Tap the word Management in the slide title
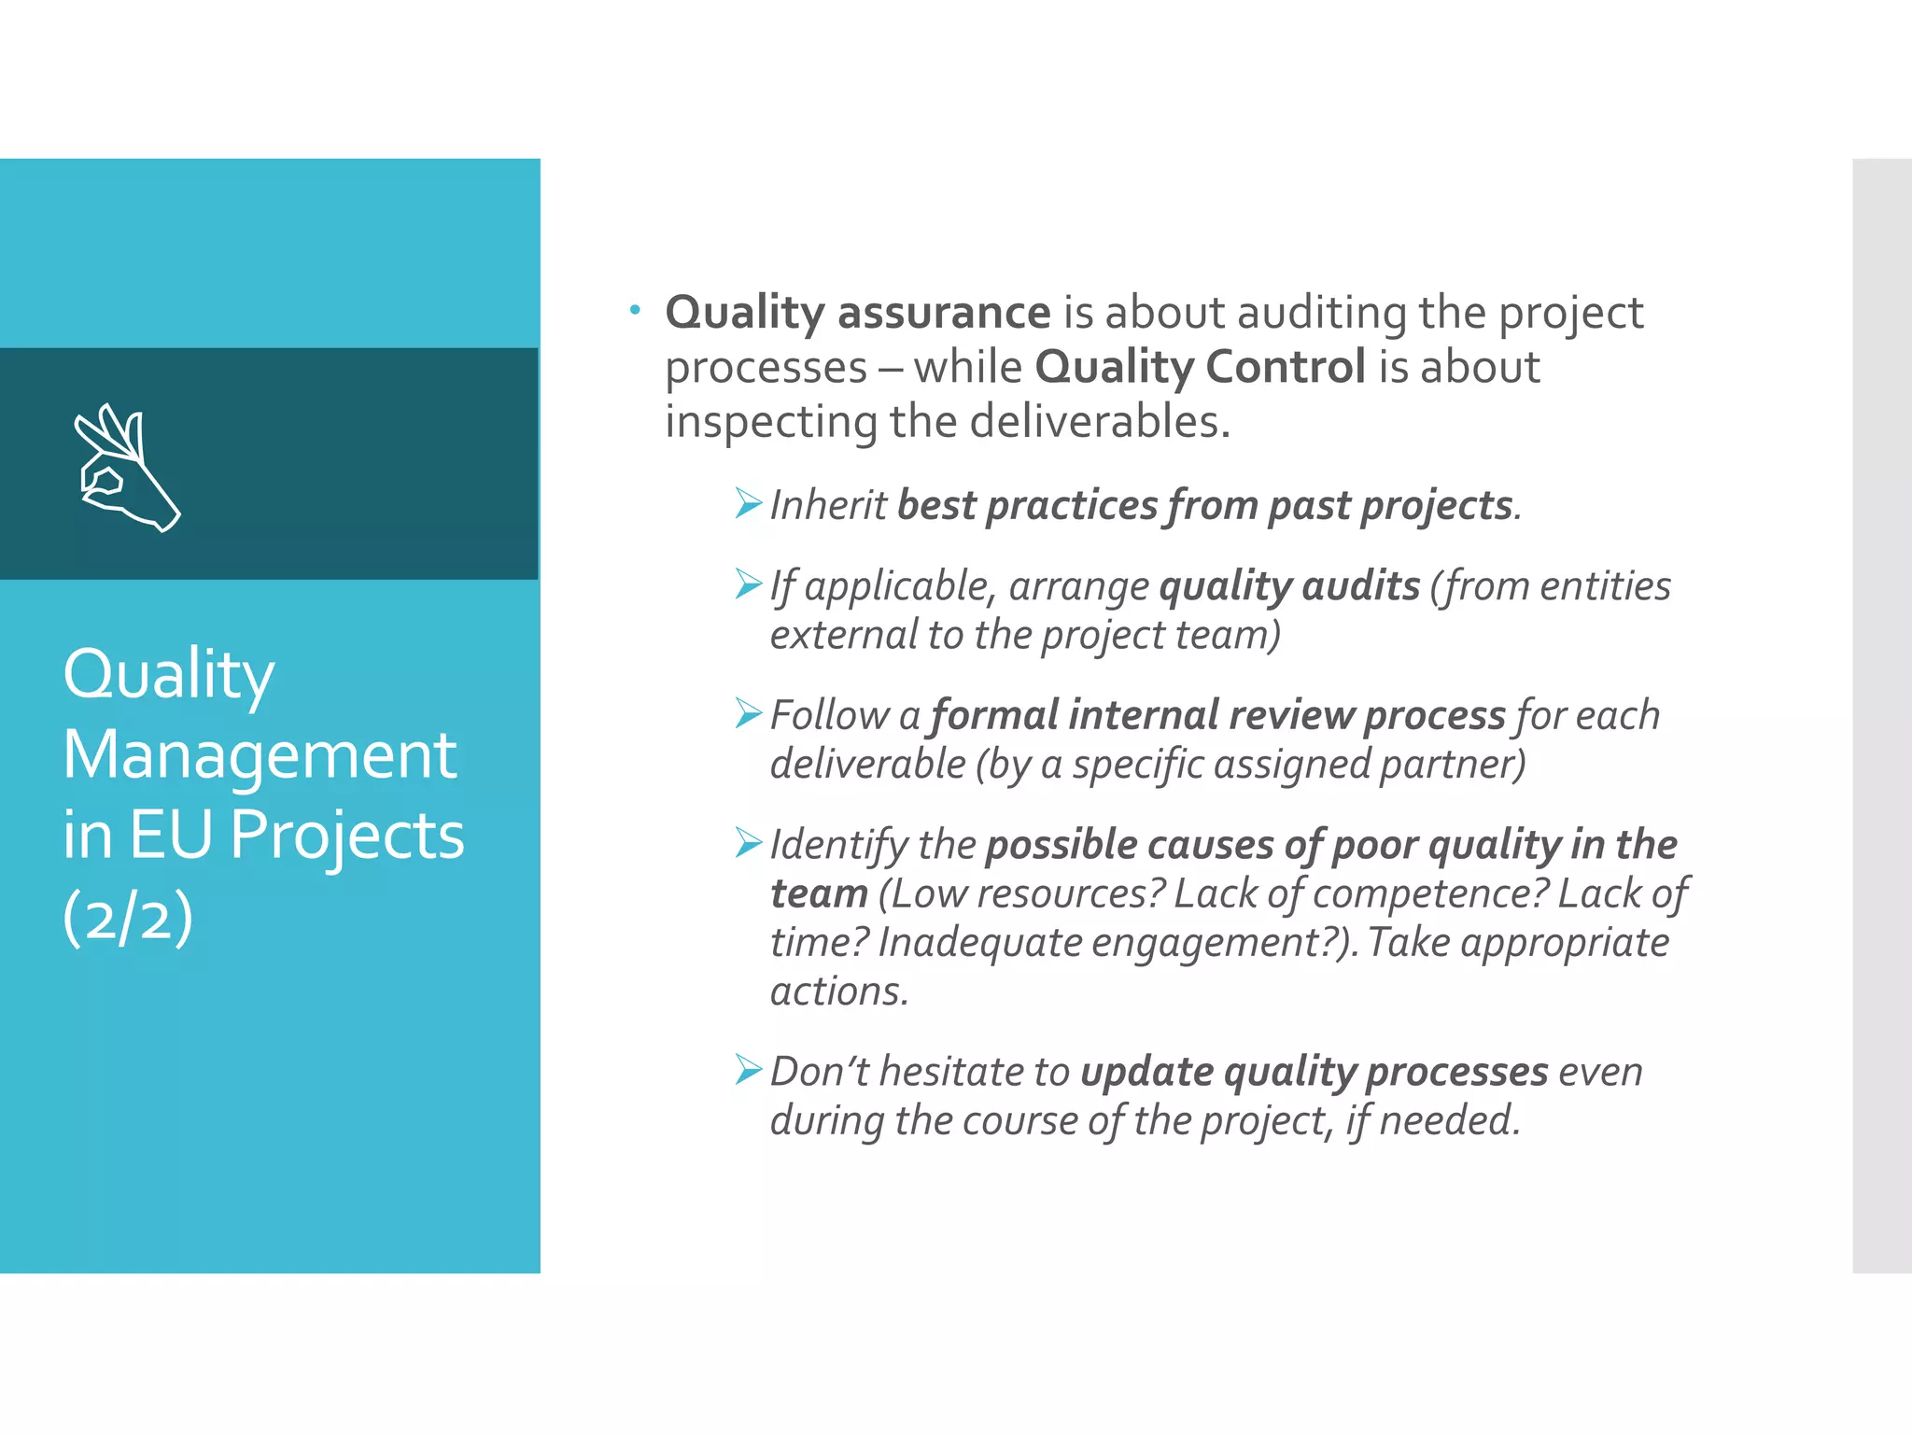click(260, 754)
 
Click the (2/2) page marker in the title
click(128, 917)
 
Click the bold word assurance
click(944, 312)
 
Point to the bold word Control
click(1285, 366)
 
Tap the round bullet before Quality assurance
click(635, 309)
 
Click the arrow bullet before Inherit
click(748, 503)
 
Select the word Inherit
click(827, 505)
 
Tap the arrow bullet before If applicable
click(748, 584)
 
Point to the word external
click(843, 635)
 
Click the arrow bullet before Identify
click(748, 842)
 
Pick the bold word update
click(1146, 1072)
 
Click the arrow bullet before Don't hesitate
click(748, 1069)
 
